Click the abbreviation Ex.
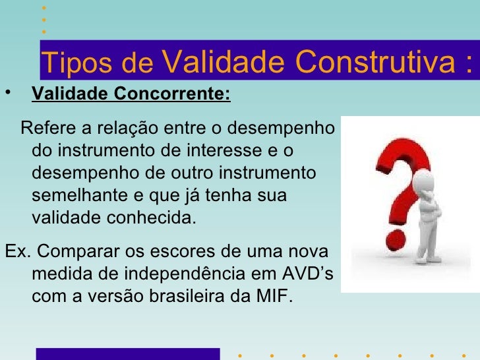click(15, 252)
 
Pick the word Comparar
click(75, 252)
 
